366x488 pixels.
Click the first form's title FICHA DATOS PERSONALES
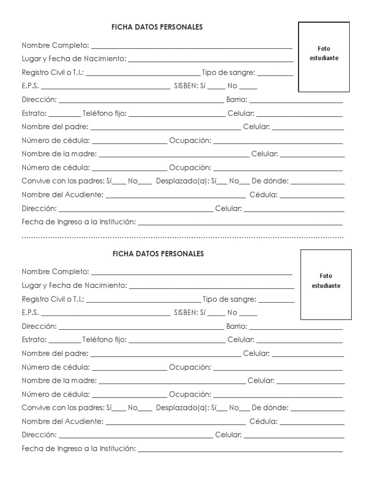point(157,27)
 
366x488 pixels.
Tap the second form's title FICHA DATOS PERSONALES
point(158,254)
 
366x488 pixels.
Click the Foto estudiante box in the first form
point(324,57)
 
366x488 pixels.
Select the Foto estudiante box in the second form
point(326,285)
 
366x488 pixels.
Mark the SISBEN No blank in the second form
point(248,315)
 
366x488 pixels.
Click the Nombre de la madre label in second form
point(59,380)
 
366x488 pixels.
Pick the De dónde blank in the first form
point(317,183)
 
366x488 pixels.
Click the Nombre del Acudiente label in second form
point(62,421)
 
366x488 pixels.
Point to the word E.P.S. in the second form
point(30,313)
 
